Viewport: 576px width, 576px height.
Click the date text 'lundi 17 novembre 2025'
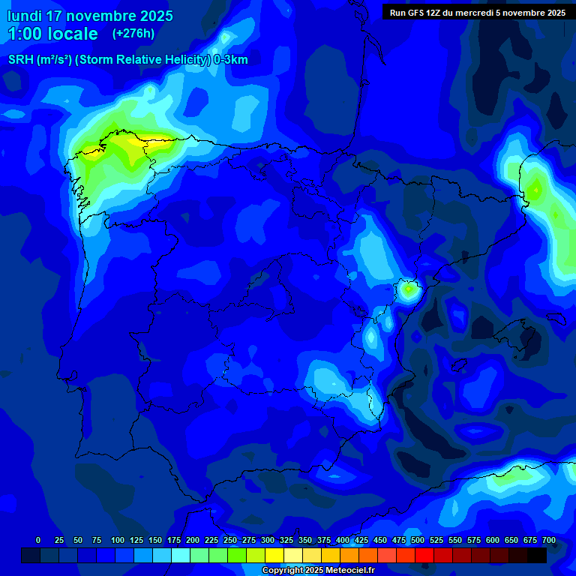[x=90, y=16]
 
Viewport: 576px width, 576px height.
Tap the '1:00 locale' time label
[x=52, y=34]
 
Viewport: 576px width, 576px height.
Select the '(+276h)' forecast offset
[x=133, y=34]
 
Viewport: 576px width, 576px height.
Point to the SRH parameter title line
[x=127, y=60]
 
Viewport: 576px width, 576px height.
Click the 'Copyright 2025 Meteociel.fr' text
[x=318, y=571]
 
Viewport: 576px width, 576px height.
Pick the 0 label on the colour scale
[x=38, y=540]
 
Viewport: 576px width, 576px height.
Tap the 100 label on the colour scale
[x=118, y=540]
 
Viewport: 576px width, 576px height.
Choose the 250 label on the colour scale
[x=230, y=540]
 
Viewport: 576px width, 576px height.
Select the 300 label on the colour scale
[x=268, y=540]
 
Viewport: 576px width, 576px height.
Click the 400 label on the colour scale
[x=343, y=540]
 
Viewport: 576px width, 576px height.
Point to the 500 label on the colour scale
[x=418, y=540]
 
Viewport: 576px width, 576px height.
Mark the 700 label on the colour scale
[x=549, y=540]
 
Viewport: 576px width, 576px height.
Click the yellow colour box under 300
[x=274, y=555]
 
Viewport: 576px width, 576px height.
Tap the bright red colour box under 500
[x=424, y=555]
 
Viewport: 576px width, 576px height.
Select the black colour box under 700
[x=537, y=555]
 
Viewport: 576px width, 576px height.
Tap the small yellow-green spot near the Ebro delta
[x=408, y=288]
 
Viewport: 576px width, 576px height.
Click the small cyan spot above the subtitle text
[x=226, y=37]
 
